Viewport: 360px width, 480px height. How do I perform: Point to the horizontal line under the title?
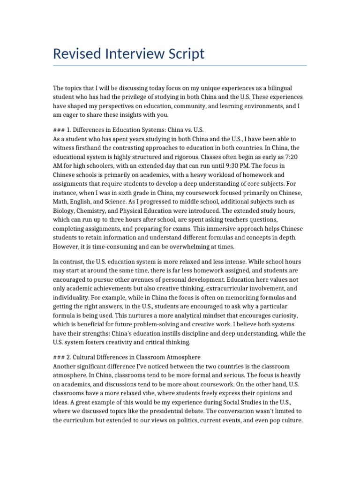coord(180,66)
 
